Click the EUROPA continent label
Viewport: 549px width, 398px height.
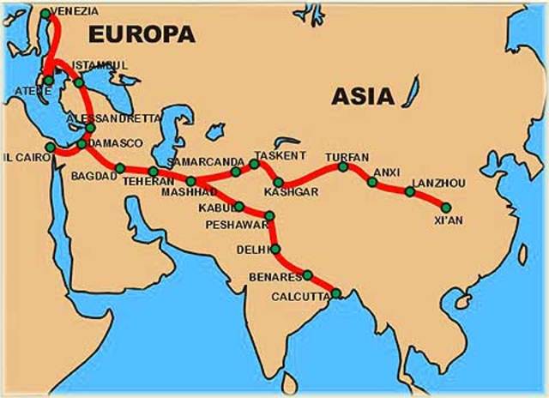point(142,33)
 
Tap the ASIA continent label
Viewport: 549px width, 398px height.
point(363,95)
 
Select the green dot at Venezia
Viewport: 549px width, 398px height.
point(45,14)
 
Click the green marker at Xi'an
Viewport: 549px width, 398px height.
point(446,206)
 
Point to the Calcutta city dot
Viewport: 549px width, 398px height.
point(336,293)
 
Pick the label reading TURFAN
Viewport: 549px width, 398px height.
point(347,157)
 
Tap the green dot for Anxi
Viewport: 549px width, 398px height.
point(372,182)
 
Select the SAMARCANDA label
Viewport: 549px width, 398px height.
point(205,161)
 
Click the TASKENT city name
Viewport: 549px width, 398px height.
point(280,155)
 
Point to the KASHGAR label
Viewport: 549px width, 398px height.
point(291,191)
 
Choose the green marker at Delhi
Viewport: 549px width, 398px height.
point(275,249)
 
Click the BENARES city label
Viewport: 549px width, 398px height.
point(275,277)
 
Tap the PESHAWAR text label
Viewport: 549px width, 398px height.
point(237,224)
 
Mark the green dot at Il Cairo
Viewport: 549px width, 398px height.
point(51,148)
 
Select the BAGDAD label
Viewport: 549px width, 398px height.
point(94,175)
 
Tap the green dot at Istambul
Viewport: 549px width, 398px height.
point(79,82)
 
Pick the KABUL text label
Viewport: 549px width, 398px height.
point(216,208)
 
